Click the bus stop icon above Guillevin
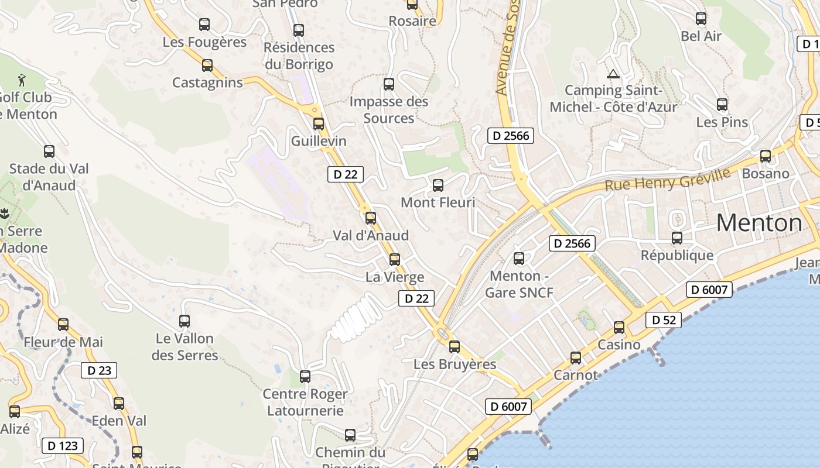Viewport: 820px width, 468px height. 319,124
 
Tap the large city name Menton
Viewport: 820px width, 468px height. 759,223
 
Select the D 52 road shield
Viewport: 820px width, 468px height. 664,320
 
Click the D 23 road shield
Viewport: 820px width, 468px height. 99,370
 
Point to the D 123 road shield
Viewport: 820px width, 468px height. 62,446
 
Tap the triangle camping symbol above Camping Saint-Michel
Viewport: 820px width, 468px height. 613,74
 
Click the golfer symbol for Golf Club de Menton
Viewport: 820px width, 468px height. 22,79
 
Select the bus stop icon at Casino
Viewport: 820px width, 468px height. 619,328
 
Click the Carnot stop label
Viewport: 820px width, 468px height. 576,375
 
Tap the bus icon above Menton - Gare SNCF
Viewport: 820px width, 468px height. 518,259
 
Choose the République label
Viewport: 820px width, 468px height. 677,255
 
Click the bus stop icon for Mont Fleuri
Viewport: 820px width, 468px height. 438,186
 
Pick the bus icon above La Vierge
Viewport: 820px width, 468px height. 395,260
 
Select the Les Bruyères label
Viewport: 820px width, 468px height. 455,364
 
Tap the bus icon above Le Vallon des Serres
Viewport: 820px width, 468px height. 184,321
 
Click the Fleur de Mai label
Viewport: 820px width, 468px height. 63,342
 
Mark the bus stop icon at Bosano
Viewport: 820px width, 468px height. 766,156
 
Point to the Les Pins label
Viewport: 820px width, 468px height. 722,122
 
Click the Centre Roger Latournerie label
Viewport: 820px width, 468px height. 305,402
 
